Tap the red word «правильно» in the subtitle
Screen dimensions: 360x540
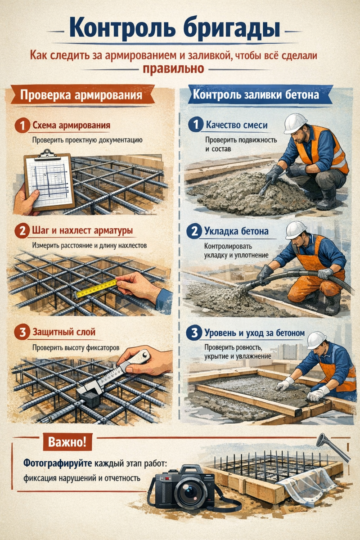click(173, 69)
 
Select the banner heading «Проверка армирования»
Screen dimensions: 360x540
click(81, 95)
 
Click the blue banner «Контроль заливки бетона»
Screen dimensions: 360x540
click(256, 94)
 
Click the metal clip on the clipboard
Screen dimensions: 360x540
click(47, 155)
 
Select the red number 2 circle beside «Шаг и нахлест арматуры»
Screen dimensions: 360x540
click(22, 231)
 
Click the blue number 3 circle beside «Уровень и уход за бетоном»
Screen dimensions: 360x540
click(193, 333)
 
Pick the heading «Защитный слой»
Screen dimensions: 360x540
click(64, 332)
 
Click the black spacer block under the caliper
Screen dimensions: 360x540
click(90, 399)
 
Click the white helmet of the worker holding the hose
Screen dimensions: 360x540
click(296, 230)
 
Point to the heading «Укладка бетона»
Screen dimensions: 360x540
click(236, 231)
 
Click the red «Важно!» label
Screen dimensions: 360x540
click(67, 442)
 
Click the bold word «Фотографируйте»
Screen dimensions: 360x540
click(58, 463)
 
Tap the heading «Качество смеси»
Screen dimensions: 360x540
click(237, 125)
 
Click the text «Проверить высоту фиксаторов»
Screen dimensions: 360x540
click(76, 348)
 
